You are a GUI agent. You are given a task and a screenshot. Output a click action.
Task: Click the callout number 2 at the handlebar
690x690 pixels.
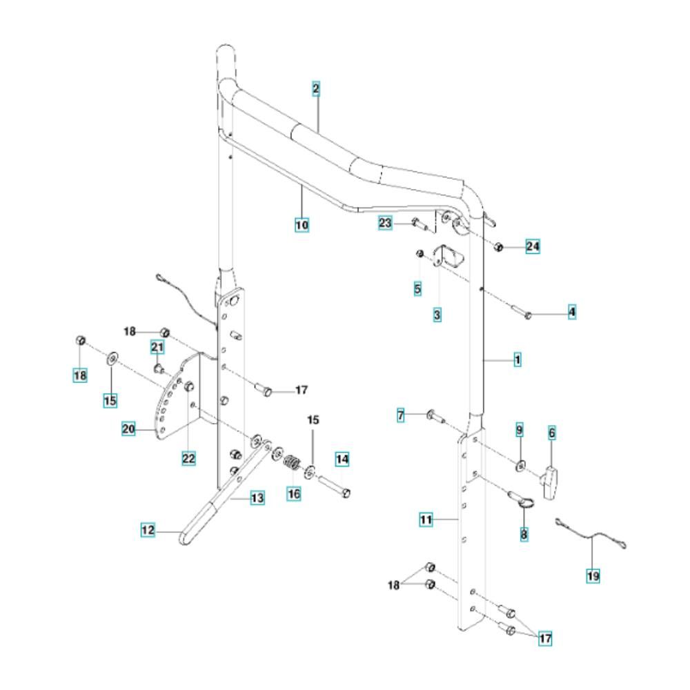pos(316,89)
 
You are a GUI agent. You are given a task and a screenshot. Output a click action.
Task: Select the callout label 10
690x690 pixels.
pos(302,225)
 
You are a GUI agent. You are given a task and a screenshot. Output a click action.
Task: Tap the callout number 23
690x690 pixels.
pos(385,223)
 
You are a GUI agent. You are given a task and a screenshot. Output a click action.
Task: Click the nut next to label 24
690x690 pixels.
pos(499,246)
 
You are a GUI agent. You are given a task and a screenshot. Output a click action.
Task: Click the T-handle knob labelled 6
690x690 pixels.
pos(551,483)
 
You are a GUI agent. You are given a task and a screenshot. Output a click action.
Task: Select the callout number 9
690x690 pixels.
pos(520,430)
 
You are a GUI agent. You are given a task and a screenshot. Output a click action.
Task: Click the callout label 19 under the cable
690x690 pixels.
pos(593,575)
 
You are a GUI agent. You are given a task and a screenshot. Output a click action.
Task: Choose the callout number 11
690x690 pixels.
pos(426,520)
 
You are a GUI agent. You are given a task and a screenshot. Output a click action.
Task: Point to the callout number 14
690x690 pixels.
pos(342,460)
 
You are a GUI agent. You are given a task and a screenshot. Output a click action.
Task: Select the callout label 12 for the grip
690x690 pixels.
pos(148,530)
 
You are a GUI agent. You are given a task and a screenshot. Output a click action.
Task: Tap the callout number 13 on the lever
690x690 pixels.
pos(257,498)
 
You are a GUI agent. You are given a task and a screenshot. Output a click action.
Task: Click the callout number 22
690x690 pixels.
pos(189,459)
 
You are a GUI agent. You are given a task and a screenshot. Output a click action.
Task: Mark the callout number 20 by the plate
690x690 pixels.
pos(128,428)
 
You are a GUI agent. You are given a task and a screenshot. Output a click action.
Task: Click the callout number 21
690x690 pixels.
pos(157,347)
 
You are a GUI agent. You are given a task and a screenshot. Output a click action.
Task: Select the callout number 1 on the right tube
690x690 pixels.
pos(517,360)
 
